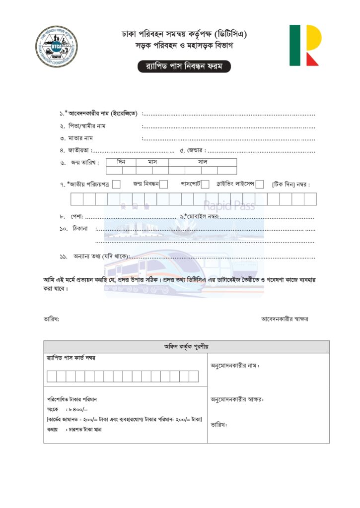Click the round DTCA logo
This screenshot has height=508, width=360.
pyautogui.click(x=57, y=47)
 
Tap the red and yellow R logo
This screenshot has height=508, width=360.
pyautogui.click(x=305, y=45)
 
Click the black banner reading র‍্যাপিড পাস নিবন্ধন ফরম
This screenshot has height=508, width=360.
pyautogui.click(x=184, y=66)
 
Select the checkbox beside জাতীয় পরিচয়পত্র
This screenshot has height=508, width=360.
pyautogui.click(x=116, y=185)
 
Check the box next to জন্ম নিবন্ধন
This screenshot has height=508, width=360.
pyautogui.click(x=164, y=185)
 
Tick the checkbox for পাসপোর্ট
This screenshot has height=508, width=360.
pyautogui.click(x=205, y=185)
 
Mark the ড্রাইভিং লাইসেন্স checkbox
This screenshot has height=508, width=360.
pyautogui.click(x=260, y=185)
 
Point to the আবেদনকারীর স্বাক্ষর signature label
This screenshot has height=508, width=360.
pyautogui.click(x=285, y=319)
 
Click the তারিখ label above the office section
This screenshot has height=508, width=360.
pyautogui.click(x=51, y=319)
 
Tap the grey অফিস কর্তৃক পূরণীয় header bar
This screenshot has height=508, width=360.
pyautogui.click(x=186, y=346)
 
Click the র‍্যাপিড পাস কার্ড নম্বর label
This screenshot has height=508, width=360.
pyautogui.click(x=71, y=358)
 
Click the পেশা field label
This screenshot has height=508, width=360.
pyautogui.click(x=75, y=217)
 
